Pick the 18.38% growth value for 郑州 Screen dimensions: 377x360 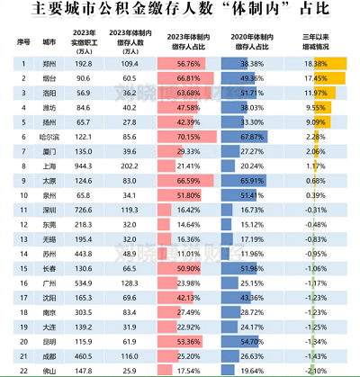316,65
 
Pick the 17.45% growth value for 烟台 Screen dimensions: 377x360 316,79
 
